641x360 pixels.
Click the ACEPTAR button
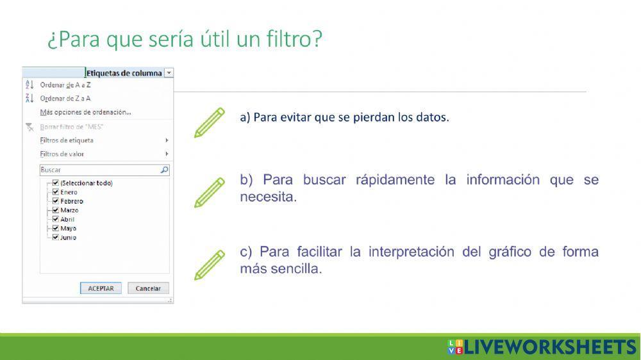pyautogui.click(x=101, y=288)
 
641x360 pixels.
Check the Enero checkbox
pyautogui.click(x=56, y=192)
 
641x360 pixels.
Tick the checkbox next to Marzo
pyautogui.click(x=56, y=210)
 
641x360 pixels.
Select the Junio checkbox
pyautogui.click(x=56, y=237)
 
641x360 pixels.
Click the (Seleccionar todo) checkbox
pyautogui.click(x=56, y=183)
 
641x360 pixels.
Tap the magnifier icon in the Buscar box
pyautogui.click(x=164, y=170)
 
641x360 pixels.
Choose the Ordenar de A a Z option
pyautogui.click(x=65, y=85)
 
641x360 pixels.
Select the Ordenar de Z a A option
pyautogui.click(x=65, y=99)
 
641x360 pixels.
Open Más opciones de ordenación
pyautogui.click(x=85, y=113)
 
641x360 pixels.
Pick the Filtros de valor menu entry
pyautogui.click(x=62, y=154)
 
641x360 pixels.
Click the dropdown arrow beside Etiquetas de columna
pyautogui.click(x=169, y=73)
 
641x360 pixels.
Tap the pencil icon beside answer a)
pyautogui.click(x=210, y=122)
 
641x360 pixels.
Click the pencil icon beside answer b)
pyautogui.click(x=210, y=192)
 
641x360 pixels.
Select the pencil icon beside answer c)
pyautogui.click(x=210, y=265)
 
